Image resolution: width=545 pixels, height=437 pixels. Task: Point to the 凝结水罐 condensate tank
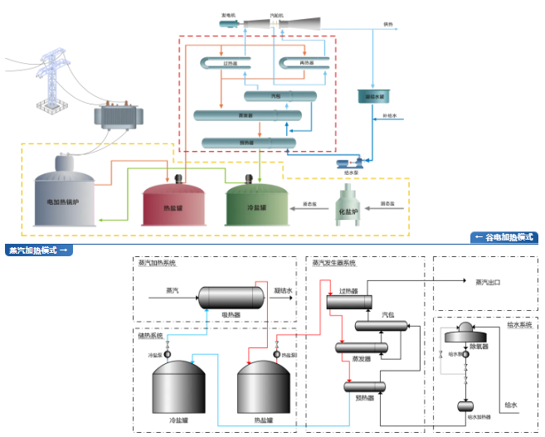[x=372, y=96]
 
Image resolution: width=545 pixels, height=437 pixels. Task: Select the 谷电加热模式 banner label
[x=504, y=237]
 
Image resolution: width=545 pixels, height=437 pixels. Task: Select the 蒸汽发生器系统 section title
[x=333, y=263]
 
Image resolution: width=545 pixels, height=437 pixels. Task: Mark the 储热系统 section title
[x=151, y=336]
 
